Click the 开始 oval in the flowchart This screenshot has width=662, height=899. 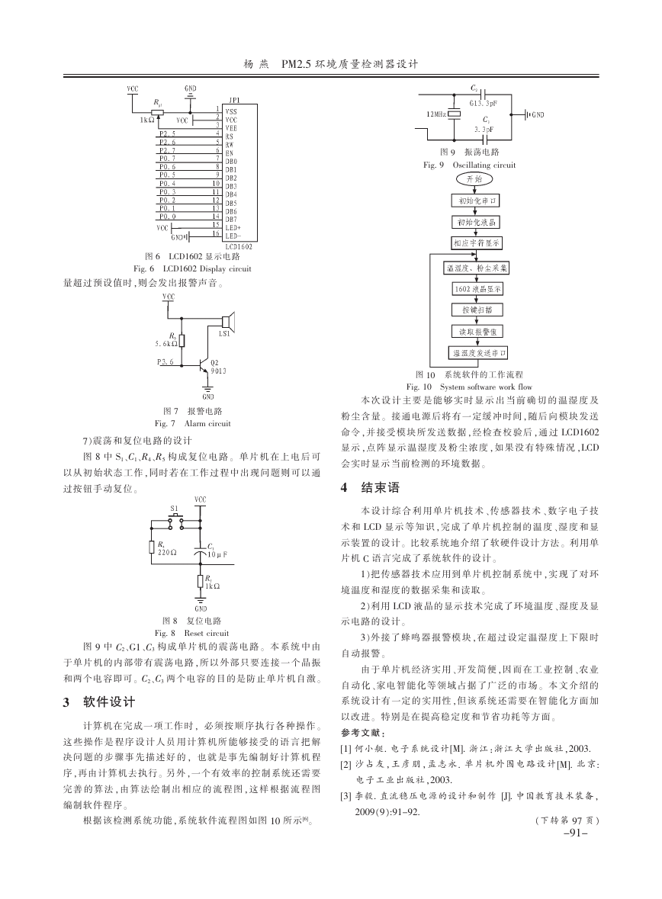tap(474, 179)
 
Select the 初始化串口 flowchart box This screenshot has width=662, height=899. tap(475, 201)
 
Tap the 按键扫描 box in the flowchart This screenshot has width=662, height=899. tap(475, 310)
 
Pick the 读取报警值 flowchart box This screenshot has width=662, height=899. tap(475, 332)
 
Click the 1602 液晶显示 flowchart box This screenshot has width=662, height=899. tap(477, 289)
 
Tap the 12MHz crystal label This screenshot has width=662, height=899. tap(436, 114)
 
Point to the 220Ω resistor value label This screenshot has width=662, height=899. tap(167, 552)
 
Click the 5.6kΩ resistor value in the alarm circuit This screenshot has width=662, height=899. tap(165, 344)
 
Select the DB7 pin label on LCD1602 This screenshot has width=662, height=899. tap(230, 220)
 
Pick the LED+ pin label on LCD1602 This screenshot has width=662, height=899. tap(233, 228)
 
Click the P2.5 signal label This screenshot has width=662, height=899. tap(168, 133)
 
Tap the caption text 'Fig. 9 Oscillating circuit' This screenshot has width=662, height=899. tap(469, 165)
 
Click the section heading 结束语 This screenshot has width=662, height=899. tap(381, 488)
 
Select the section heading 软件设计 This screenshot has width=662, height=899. tap(109, 702)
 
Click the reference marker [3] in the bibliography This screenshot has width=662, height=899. tap(346, 796)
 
